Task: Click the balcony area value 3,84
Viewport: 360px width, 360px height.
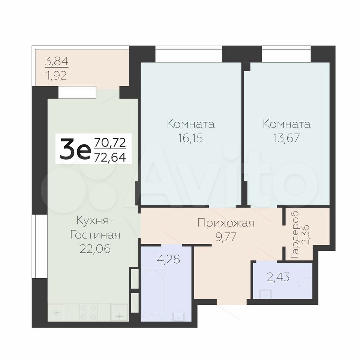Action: [x=57, y=62]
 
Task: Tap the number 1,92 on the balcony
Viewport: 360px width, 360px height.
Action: [x=57, y=75]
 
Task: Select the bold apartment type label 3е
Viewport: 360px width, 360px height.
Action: [x=74, y=149]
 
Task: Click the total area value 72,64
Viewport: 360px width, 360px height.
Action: [x=110, y=157]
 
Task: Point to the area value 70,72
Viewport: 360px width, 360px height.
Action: [x=110, y=142]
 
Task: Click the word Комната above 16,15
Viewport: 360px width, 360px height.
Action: [x=191, y=124]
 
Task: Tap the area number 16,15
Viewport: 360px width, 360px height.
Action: [x=190, y=138]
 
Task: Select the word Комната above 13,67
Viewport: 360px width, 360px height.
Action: [x=286, y=124]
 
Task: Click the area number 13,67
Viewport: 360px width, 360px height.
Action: [x=286, y=138]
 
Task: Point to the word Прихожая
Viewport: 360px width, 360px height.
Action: [x=226, y=223]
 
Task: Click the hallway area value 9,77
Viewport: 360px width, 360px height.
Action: [x=226, y=237]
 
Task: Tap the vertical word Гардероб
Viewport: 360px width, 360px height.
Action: [x=295, y=234]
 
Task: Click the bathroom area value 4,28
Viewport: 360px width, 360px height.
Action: [x=168, y=259]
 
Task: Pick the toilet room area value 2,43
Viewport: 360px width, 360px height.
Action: [x=278, y=277]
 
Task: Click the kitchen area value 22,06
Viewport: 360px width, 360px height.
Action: [x=95, y=249]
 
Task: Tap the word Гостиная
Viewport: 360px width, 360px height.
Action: [x=95, y=235]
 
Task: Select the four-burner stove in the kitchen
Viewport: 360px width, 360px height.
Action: [x=88, y=312]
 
